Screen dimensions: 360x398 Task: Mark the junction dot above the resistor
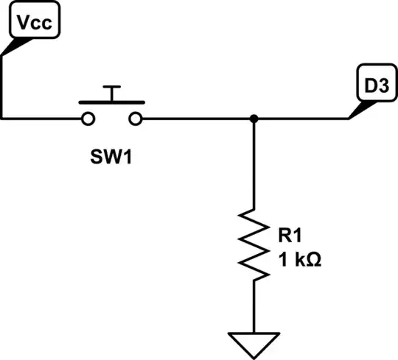254,119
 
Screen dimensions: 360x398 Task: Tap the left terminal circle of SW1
88,119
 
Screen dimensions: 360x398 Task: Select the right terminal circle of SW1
136,119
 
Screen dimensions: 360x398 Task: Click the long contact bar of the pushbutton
111,102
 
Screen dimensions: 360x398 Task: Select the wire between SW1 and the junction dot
195,119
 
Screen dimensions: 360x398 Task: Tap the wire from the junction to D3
302,119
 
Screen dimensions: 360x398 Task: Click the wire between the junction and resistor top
254,162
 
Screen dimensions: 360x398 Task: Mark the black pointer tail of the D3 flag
357,110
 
